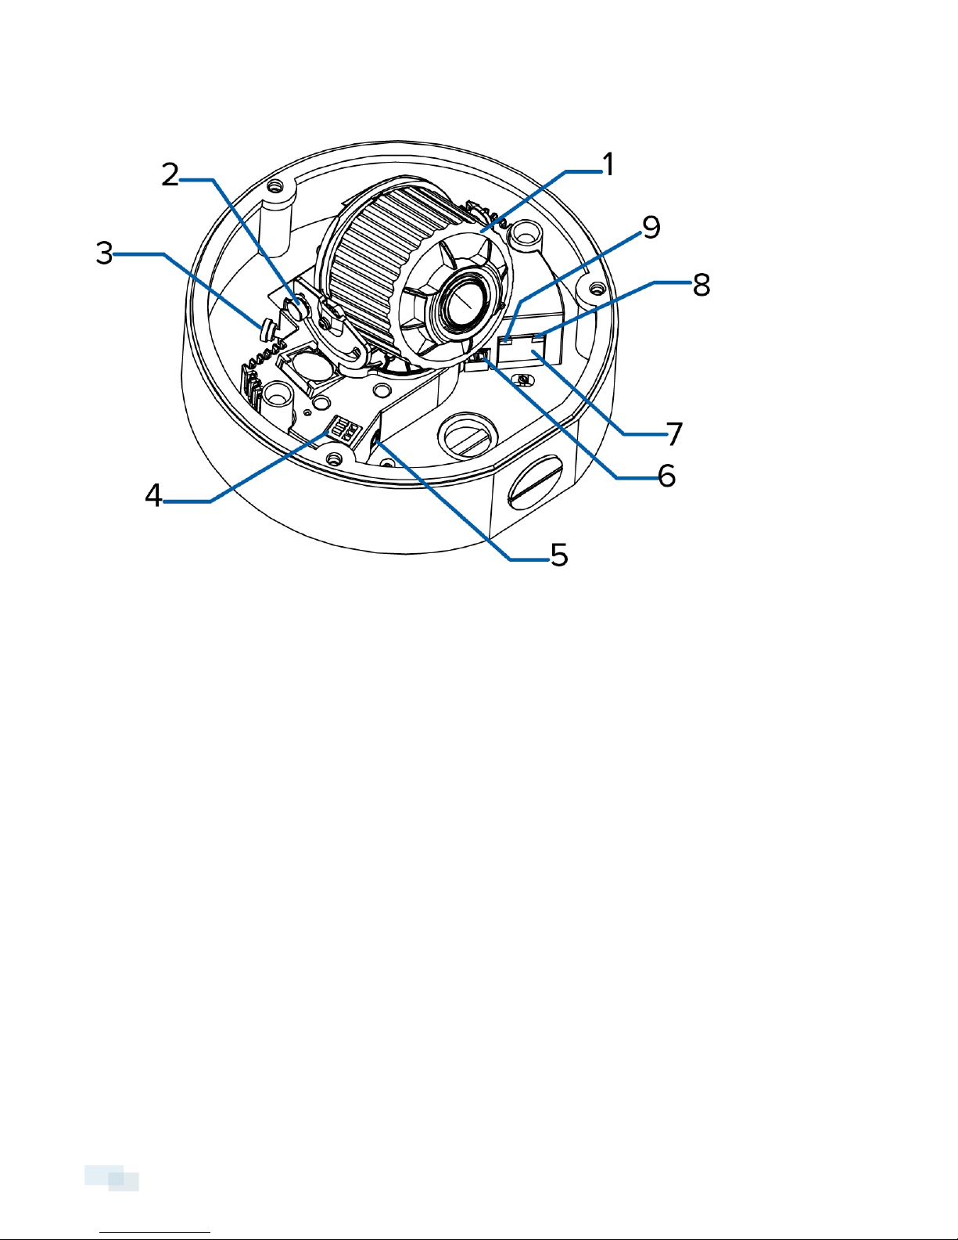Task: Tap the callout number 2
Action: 170,174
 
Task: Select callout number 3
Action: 104,253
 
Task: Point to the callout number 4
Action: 153,494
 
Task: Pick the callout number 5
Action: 559,554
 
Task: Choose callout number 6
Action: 666,476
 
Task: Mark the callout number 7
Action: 675,434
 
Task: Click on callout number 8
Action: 701,284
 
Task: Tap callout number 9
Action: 651,227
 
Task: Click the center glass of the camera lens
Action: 465,305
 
